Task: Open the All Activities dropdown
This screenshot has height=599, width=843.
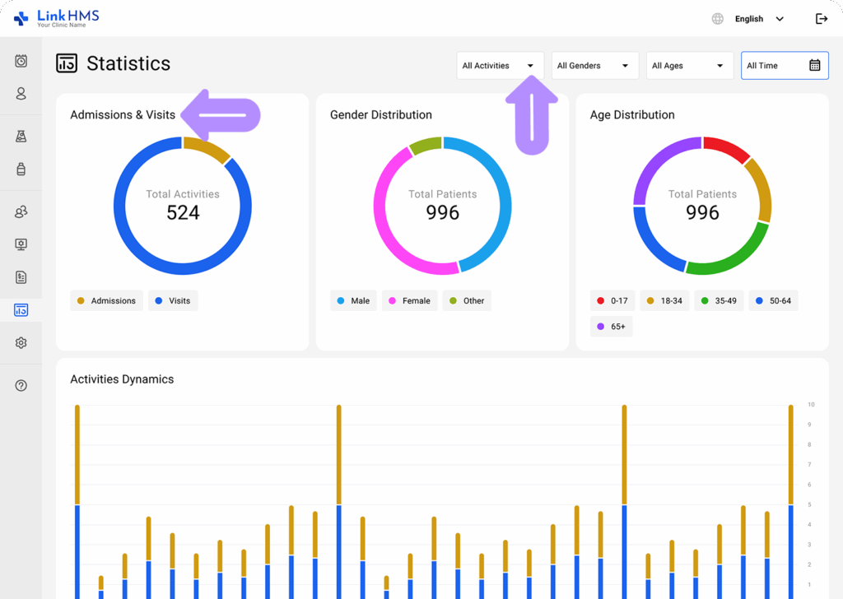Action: [x=500, y=66]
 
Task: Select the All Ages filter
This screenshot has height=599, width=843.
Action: [x=689, y=66]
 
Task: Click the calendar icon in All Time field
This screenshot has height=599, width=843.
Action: [x=814, y=66]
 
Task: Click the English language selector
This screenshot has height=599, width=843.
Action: [x=748, y=19]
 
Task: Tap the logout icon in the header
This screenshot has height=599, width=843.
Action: [x=821, y=19]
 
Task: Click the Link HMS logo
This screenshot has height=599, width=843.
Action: [x=57, y=18]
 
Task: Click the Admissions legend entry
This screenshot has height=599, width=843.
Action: [x=106, y=301]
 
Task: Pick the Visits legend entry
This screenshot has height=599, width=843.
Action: [x=173, y=301]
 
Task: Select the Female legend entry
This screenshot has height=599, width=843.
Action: [x=409, y=301]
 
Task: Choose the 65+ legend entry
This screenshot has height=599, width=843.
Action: [x=612, y=327]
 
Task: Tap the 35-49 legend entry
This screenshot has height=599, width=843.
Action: [x=719, y=301]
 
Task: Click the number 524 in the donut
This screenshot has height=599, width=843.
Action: [x=183, y=213]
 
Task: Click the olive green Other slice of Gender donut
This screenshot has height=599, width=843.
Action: [x=426, y=146]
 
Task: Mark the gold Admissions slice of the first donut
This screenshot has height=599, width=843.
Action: [x=207, y=148]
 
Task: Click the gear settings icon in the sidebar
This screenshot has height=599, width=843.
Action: [x=21, y=343]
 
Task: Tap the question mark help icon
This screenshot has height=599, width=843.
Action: [x=21, y=385]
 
